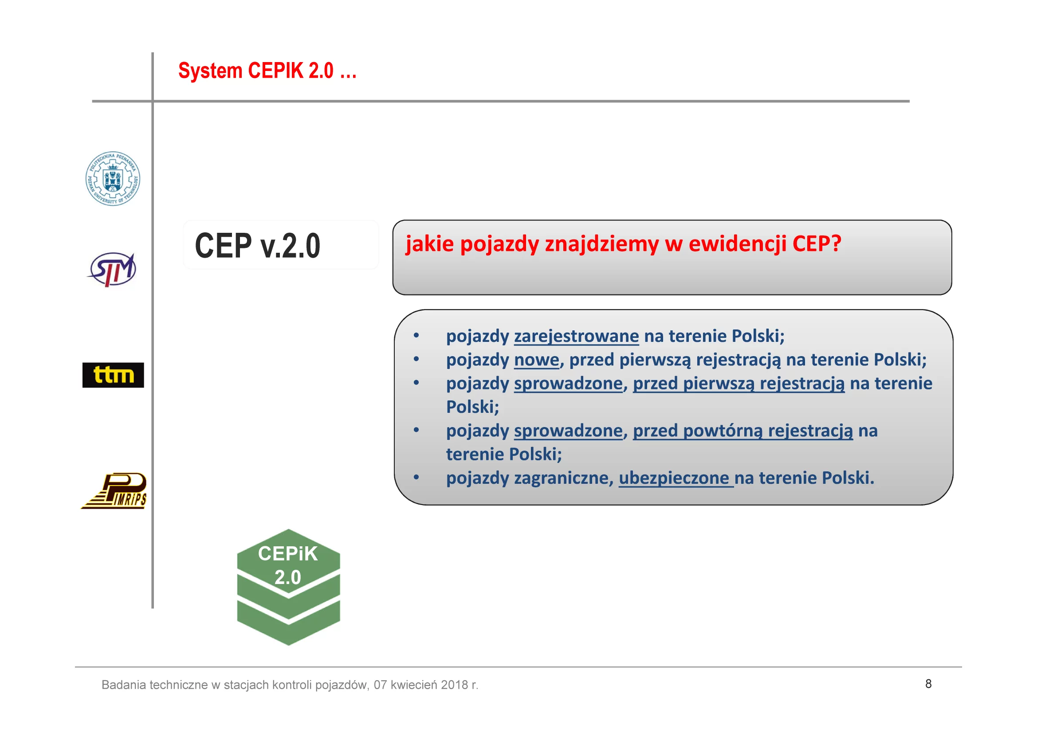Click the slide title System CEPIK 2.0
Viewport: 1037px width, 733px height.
point(267,71)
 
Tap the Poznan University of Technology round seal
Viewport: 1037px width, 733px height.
point(113,179)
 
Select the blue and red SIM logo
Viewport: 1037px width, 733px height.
point(112,270)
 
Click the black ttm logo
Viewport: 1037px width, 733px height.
point(114,375)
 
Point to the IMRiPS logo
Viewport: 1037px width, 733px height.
point(114,491)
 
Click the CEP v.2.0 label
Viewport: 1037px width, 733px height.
point(257,246)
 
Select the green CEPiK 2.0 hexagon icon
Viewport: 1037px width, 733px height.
point(289,587)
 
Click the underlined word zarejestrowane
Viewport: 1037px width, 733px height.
point(576,337)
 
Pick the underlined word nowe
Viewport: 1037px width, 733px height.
point(537,360)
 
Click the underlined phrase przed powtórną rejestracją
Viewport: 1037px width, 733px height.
point(743,431)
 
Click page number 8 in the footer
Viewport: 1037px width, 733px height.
point(928,684)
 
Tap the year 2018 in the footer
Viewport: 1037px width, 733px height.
point(454,685)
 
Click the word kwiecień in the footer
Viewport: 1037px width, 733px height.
point(414,685)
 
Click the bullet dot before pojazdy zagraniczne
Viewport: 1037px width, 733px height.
point(416,478)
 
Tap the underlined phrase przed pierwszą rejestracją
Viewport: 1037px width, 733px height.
point(738,384)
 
